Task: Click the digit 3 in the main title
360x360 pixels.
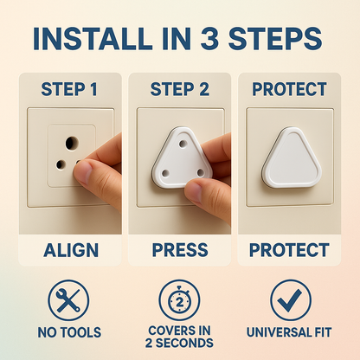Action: click(209, 39)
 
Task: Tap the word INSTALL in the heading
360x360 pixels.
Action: click(93, 39)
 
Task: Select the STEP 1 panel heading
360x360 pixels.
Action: click(69, 89)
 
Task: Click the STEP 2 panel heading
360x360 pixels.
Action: click(179, 89)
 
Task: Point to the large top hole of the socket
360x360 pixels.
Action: click(72, 144)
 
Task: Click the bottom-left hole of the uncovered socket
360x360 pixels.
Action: click(61, 164)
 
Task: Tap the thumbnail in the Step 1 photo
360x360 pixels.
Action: click(83, 171)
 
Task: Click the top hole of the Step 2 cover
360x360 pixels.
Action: click(183, 144)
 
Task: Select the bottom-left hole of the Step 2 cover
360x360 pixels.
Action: click(165, 173)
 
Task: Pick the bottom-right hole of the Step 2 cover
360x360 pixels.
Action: click(201, 173)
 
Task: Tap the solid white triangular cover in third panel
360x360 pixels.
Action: click(291, 157)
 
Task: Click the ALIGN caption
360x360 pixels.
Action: click(71, 250)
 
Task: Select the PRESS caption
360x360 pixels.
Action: click(180, 250)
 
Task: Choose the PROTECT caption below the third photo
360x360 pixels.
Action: click(289, 250)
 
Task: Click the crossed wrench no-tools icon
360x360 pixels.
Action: click(68, 300)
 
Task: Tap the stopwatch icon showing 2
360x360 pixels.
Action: click(179, 300)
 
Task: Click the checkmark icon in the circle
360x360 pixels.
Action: click(291, 300)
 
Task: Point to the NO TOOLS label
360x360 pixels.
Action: click(69, 332)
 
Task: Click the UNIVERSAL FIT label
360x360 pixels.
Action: click(289, 332)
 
